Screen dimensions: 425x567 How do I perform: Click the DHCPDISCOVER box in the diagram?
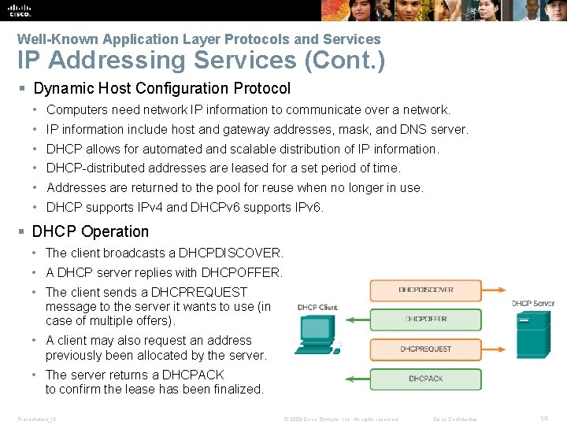coord(425,290)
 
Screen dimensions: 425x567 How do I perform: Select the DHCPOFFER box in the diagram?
coord(425,319)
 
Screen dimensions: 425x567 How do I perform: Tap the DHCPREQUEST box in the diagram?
coord(425,349)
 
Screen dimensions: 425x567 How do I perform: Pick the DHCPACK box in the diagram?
coord(425,379)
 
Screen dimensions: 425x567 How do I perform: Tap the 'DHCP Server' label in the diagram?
coord(533,304)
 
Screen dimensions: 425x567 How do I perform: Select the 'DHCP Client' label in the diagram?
coord(317,307)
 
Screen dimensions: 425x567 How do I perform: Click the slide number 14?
coord(543,419)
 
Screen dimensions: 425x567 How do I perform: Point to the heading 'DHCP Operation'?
coord(90,231)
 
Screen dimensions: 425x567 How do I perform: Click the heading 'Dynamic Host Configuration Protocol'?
coord(161,89)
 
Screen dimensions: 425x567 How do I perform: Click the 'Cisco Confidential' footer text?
coord(456,419)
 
